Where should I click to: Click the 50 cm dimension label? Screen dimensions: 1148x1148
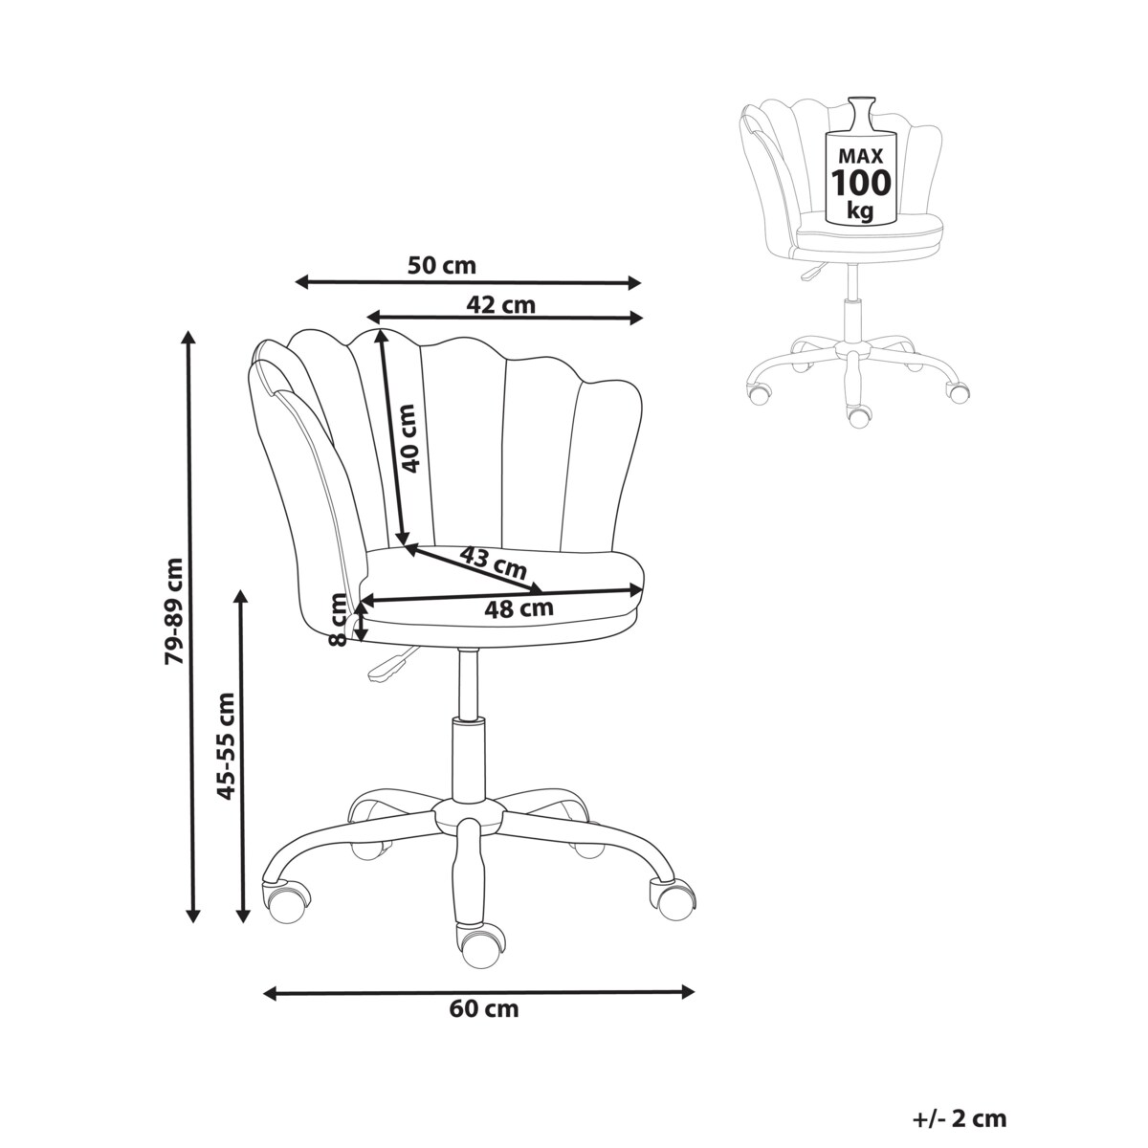click(441, 265)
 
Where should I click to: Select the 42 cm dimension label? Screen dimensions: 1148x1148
click(500, 304)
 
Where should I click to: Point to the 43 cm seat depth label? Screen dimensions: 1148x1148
click(494, 563)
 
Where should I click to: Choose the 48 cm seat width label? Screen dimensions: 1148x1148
click(519, 607)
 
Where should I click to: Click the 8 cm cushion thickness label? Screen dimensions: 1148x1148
click(338, 620)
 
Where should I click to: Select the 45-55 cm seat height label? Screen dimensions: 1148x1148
click(226, 745)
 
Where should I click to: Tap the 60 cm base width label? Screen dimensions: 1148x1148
click(484, 1008)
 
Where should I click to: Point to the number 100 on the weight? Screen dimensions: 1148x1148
click(861, 183)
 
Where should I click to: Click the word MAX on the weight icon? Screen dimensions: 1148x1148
click(861, 156)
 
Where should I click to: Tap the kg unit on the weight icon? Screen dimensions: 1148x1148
click(860, 210)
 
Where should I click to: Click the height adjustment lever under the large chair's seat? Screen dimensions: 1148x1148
click(390, 665)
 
